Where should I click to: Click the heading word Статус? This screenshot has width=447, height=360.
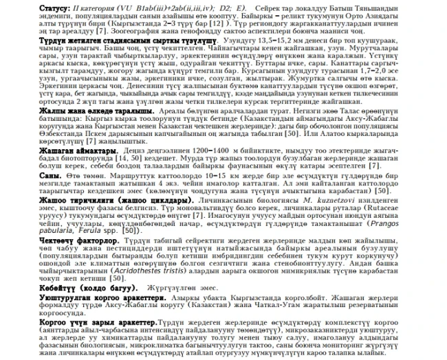pyautogui.click(x=17, y=5)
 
